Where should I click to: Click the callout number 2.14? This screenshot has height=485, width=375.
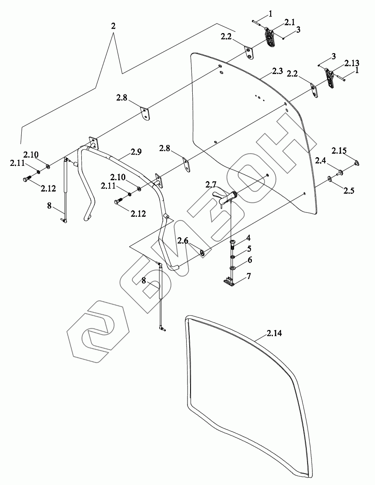coord(275,333)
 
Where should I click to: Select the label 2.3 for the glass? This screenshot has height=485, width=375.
coord(278,71)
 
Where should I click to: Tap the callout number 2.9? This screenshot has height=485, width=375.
coord(136,152)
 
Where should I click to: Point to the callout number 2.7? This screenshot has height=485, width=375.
coord(211,185)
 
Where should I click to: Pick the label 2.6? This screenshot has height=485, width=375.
coord(183,240)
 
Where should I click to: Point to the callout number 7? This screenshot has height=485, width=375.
coord(248,276)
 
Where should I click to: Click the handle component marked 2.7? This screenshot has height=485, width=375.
coord(226,198)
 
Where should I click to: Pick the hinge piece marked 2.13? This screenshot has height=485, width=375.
coord(331,79)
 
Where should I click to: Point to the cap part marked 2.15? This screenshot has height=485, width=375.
coord(356,163)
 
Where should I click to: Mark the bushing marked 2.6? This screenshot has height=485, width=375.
coord(203,252)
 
